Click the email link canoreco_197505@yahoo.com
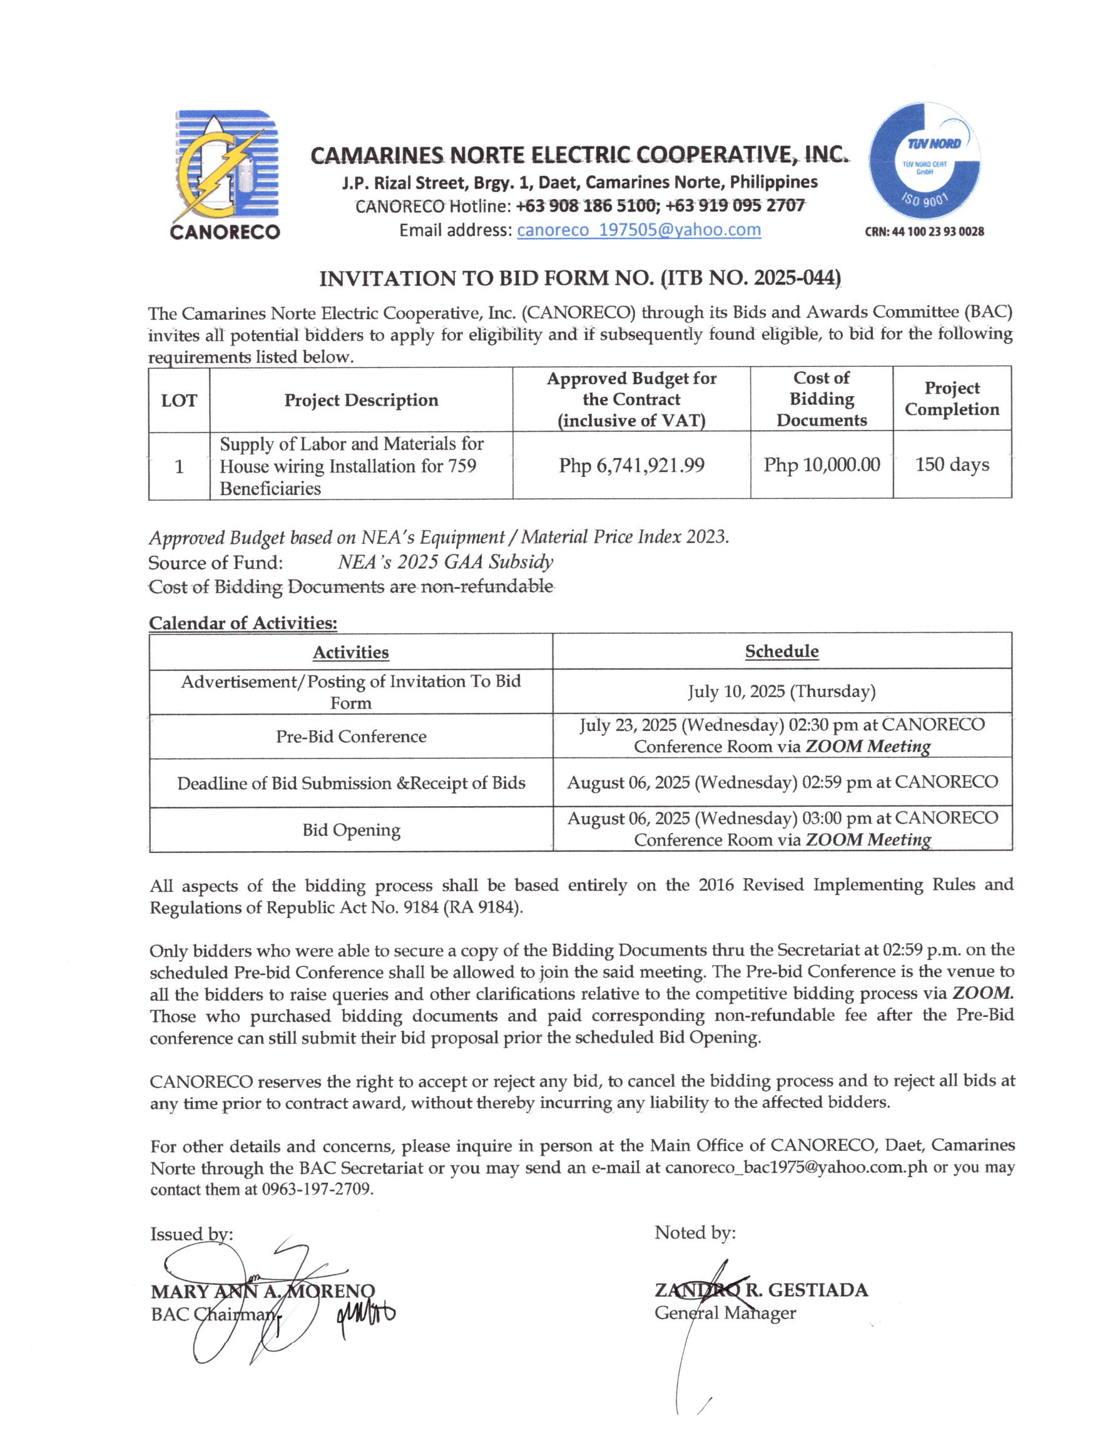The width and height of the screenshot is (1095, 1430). pos(638,230)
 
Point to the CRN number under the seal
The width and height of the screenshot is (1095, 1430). pos(924,232)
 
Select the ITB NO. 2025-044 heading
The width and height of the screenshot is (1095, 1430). pos(579,278)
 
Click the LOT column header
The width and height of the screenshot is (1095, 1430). pos(178,400)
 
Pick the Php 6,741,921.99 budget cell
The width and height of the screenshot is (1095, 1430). pos(631,466)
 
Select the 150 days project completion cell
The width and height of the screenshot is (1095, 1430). pos(952,465)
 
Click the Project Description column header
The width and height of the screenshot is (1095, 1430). pos(361,400)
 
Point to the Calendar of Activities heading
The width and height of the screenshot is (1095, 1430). pos(243,623)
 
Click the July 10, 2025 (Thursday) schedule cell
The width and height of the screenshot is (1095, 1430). pos(782,692)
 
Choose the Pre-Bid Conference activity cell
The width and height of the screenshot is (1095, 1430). pos(350,737)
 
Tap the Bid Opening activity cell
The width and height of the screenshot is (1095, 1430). pos(350,830)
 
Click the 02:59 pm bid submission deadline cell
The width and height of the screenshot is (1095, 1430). pos(782,782)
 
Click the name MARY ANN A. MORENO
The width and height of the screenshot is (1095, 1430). pos(263,1291)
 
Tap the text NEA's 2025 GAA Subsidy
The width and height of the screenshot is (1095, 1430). pos(445,562)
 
